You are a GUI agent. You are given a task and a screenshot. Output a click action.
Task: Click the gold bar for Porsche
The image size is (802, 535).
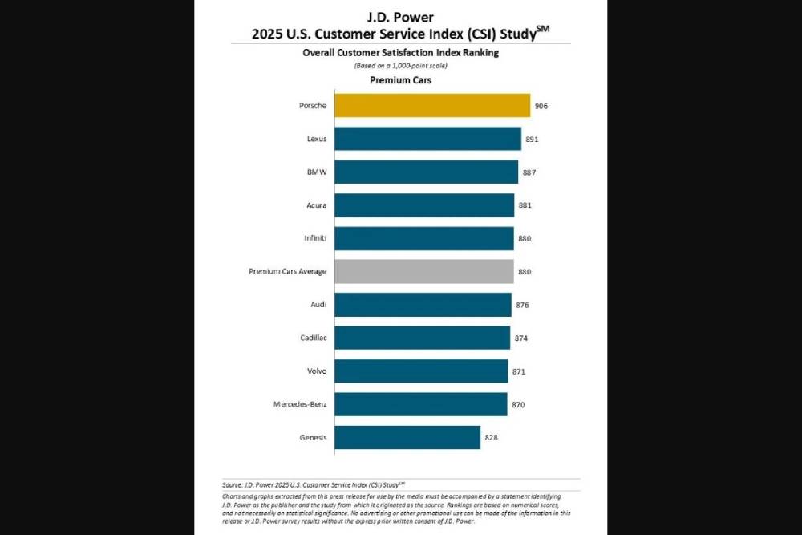431,106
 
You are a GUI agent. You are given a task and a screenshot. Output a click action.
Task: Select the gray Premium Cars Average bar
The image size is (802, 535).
423,271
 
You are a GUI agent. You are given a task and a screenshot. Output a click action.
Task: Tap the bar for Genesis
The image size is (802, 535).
407,437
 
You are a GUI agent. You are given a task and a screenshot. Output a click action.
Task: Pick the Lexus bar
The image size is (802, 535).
427,139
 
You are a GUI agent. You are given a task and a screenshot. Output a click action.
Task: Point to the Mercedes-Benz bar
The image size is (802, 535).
420,404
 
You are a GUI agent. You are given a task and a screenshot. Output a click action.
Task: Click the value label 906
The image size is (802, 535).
542,106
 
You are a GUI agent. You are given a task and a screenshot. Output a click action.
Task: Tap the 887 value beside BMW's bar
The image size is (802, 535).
530,172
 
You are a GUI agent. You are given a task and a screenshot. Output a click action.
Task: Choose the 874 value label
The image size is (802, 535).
522,338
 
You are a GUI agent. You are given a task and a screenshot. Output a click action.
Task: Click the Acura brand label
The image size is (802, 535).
316,205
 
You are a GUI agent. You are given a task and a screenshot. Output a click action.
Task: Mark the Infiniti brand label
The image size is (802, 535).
314,238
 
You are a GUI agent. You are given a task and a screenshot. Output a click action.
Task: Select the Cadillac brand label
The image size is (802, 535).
313,338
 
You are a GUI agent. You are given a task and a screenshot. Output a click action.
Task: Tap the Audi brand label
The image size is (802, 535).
318,305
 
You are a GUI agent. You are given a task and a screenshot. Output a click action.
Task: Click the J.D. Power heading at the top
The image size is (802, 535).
400,18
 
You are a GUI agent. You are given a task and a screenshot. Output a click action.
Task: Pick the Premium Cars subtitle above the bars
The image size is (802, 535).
400,80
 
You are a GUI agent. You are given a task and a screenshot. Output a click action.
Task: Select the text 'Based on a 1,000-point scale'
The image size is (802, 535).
400,66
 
